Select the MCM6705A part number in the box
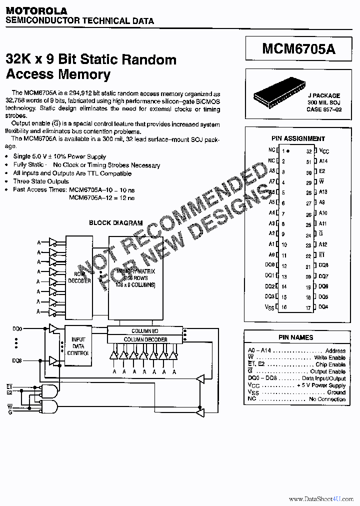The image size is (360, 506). click(x=299, y=49)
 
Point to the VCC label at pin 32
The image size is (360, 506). click(x=324, y=151)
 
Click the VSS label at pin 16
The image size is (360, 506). click(x=269, y=307)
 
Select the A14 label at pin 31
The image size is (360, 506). click(x=323, y=161)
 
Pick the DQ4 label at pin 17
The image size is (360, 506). click(x=323, y=307)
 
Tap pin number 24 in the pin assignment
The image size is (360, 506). click(x=308, y=235)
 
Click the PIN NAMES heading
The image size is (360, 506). click(x=296, y=337)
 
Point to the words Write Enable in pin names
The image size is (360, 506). click(x=330, y=358)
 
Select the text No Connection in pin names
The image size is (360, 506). click(x=327, y=399)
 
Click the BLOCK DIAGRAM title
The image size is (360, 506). click(x=115, y=223)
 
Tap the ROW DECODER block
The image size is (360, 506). click(x=79, y=277)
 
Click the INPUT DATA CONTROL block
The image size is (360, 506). click(x=78, y=346)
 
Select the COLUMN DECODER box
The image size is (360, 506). click(x=144, y=339)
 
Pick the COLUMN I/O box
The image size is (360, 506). click(x=144, y=331)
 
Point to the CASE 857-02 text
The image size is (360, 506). click(x=323, y=109)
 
